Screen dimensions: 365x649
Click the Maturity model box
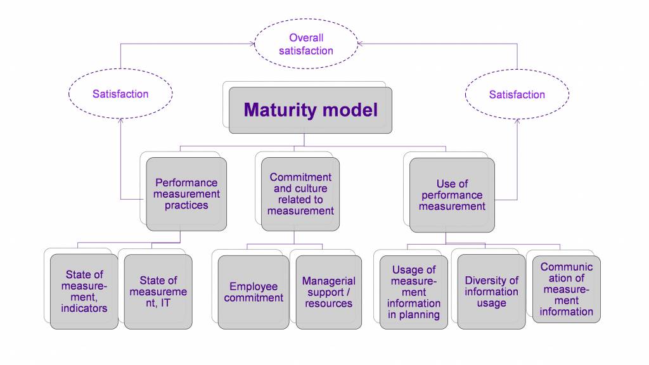pos(311,110)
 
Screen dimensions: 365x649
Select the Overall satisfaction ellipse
pos(306,44)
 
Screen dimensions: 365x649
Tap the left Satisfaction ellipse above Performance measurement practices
pos(120,94)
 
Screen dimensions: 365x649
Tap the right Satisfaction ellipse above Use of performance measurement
pos(517,94)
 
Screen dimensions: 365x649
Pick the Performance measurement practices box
pos(186,194)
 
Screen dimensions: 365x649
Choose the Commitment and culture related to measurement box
pos(300,194)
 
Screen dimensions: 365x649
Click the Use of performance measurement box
pos(452,195)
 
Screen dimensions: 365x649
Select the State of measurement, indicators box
pos(84,291)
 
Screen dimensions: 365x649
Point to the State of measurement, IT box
pos(158,291)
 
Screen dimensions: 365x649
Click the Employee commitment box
pos(254,292)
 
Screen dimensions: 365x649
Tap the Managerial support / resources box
pos(328,292)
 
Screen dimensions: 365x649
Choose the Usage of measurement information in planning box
pos(414,292)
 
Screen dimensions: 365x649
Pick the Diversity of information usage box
pos(491,291)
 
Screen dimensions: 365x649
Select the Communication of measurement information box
pos(567,289)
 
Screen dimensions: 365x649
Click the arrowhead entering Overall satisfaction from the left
pos(251,44)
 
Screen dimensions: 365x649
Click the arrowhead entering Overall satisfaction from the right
pos(362,44)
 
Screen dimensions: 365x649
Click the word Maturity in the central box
pos(276,110)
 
